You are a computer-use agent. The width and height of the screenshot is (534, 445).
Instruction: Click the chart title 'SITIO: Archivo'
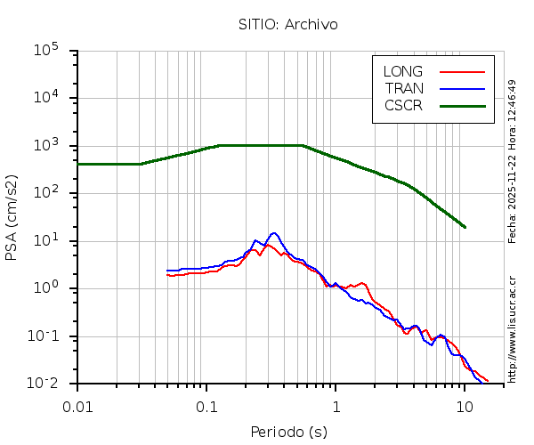click(x=287, y=24)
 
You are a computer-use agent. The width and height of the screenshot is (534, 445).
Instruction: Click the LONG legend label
click(x=403, y=71)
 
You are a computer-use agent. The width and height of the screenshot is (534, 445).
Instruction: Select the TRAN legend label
click(x=404, y=88)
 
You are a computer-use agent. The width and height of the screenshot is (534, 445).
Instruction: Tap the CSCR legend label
click(x=403, y=105)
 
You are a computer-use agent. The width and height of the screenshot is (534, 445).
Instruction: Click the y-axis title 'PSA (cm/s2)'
click(x=12, y=218)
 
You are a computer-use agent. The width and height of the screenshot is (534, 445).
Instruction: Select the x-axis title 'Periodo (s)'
click(x=288, y=433)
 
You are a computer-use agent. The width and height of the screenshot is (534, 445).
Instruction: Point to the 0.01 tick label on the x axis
click(x=77, y=406)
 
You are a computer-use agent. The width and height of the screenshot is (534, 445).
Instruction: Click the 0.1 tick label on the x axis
click(x=206, y=406)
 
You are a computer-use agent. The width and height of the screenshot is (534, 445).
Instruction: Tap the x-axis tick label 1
click(x=336, y=406)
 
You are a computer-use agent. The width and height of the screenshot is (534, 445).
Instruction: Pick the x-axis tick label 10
click(x=465, y=406)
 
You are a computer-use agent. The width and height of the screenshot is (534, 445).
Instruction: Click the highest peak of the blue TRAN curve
click(x=274, y=233)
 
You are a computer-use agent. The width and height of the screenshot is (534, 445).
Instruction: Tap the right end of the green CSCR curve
click(x=465, y=227)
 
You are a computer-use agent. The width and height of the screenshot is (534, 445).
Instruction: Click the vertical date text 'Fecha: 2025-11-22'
click(x=513, y=196)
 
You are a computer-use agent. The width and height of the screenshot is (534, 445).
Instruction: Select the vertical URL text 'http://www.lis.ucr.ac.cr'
click(x=513, y=329)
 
